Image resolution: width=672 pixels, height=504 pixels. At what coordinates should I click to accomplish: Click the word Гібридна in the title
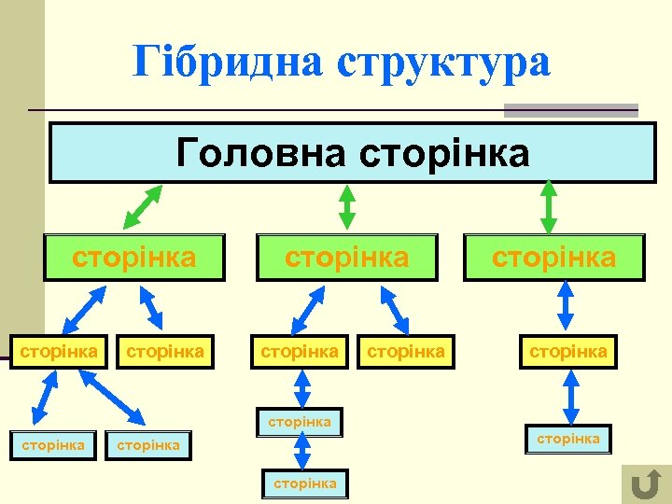click(x=228, y=62)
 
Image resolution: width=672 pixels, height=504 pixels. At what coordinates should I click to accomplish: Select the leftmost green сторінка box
click(x=134, y=257)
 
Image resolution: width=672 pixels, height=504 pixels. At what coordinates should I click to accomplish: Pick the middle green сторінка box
click(x=346, y=257)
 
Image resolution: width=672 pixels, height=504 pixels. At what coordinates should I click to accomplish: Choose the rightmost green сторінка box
click(x=554, y=257)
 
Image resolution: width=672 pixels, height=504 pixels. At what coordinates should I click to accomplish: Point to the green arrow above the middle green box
click(x=347, y=206)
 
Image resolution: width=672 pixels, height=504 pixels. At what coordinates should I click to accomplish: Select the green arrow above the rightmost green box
click(x=549, y=206)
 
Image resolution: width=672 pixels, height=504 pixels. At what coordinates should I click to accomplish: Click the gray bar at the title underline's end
click(x=570, y=110)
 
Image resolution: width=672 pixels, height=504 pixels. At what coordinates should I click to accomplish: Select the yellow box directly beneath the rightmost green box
click(x=568, y=352)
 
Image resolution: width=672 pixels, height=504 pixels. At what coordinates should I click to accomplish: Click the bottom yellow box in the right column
click(x=567, y=439)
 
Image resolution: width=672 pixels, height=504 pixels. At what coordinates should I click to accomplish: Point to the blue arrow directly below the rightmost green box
click(x=564, y=307)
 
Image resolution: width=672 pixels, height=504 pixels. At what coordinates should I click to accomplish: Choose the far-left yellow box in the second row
click(x=59, y=352)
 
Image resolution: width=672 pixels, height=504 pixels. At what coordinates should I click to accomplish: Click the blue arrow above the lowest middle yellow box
click(x=302, y=453)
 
